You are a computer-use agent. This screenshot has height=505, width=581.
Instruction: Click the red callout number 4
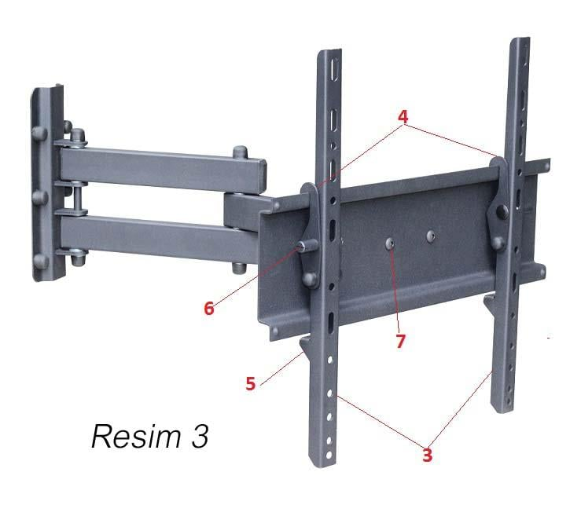[x=403, y=117]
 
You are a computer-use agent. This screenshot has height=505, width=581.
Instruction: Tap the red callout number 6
[x=209, y=308]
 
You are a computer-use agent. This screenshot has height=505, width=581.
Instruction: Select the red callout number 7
[x=400, y=342]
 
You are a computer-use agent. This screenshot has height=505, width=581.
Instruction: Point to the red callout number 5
[x=251, y=383]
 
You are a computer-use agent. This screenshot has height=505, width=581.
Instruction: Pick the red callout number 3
[x=427, y=455]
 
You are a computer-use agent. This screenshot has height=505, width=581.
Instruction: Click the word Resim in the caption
[x=136, y=436]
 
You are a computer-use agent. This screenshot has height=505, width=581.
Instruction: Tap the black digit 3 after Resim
[x=200, y=436]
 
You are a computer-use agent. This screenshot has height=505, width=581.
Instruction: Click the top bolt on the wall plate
[x=39, y=134]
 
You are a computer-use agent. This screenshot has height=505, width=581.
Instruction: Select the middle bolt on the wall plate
[x=39, y=197]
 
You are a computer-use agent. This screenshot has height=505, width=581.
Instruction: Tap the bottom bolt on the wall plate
[x=41, y=261]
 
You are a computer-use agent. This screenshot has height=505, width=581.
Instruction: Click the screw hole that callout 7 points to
[x=390, y=243]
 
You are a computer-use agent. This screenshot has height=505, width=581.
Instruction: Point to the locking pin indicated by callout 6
[x=308, y=246]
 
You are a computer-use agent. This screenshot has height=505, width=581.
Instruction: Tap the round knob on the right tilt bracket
[x=502, y=211]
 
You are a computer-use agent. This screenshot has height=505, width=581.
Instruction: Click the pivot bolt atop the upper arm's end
[x=240, y=152]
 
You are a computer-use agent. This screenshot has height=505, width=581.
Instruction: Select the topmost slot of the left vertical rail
[x=335, y=69]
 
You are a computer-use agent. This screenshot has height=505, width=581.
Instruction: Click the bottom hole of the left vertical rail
[x=328, y=455]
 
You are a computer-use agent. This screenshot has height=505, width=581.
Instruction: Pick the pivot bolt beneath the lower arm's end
[x=239, y=267]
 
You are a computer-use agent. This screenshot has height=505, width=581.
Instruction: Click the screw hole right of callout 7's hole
[x=430, y=236]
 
